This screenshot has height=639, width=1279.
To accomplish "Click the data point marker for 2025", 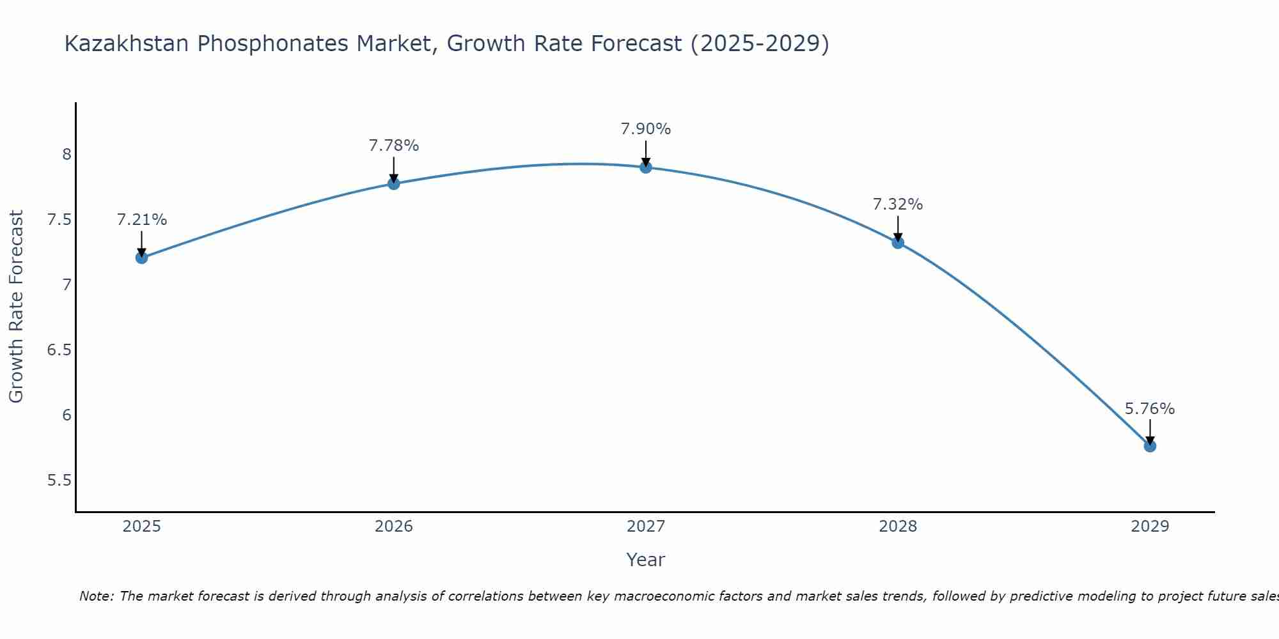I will (x=141, y=258).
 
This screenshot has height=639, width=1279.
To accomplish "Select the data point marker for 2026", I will (x=394, y=183).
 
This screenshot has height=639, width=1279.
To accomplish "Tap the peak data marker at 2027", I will (x=646, y=167).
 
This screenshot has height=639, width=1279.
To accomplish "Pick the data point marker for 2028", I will (x=898, y=242).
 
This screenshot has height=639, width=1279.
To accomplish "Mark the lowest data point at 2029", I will (x=1150, y=446).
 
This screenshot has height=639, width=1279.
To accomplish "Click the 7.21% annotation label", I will (x=141, y=220).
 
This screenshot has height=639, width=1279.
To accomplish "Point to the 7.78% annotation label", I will (x=394, y=146).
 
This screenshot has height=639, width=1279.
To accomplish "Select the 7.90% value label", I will (x=646, y=129).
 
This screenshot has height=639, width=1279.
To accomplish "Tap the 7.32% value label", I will (x=898, y=204).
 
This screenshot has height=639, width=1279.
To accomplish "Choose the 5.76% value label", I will (x=1150, y=409).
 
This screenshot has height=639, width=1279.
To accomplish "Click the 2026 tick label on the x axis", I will (x=394, y=527).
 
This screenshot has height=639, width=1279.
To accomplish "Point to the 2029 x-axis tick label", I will (x=1150, y=527).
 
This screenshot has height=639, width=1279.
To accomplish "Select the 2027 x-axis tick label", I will (x=646, y=527).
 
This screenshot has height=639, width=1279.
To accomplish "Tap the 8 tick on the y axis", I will (x=67, y=155).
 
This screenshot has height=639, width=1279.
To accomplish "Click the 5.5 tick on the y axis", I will (x=59, y=481).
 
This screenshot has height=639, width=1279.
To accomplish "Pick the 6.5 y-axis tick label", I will (x=59, y=350).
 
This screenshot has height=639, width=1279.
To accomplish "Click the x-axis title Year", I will (x=646, y=560).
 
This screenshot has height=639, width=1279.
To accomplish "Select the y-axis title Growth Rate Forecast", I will (x=16, y=307).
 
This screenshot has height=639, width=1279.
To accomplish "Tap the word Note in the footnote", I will (x=96, y=596).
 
